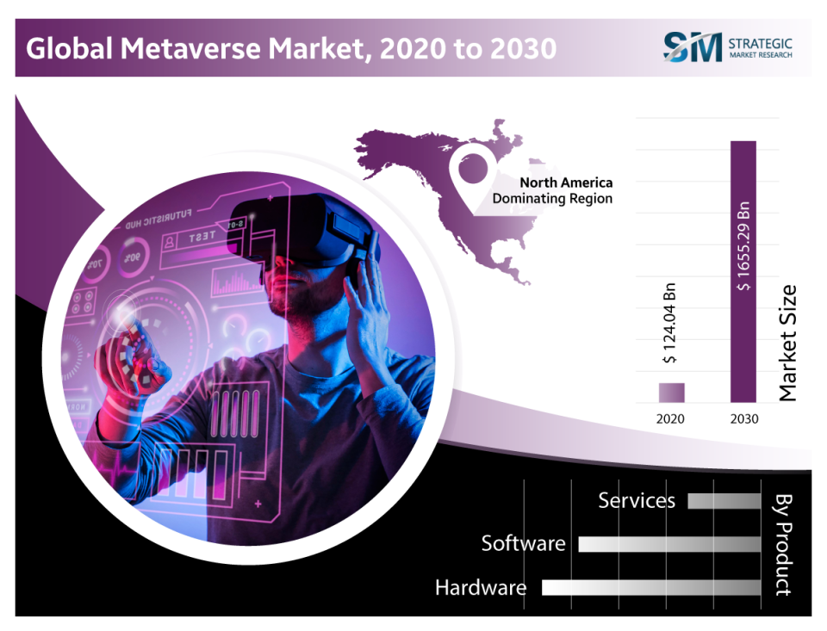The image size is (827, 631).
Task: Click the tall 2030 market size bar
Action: (x=743, y=271)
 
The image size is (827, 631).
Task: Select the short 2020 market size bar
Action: (x=672, y=393)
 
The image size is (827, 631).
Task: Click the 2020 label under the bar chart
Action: (x=671, y=419)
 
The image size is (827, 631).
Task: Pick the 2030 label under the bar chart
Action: (x=743, y=419)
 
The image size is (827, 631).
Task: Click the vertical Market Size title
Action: (x=788, y=343)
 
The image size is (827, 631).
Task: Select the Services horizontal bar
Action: (x=724, y=501)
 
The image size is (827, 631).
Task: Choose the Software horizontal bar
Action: (x=669, y=544)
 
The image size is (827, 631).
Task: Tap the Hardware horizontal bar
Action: (x=651, y=587)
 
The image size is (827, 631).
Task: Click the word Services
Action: (x=637, y=500)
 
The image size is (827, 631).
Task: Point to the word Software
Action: (x=523, y=544)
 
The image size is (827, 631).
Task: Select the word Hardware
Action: (x=480, y=588)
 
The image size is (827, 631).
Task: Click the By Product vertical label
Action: (x=783, y=544)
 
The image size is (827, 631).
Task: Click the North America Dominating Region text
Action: (x=553, y=190)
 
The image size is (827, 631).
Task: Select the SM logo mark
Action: (x=692, y=47)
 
